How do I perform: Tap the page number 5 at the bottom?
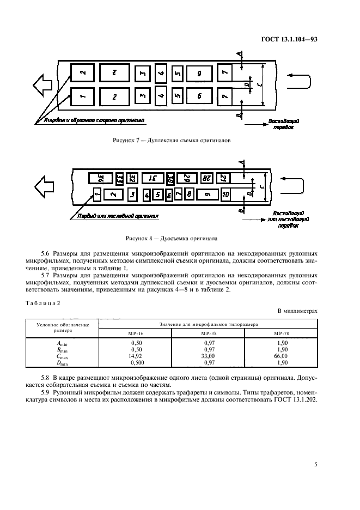(316, 465)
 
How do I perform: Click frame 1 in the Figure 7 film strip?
(82, 96)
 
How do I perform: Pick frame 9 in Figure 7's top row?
(199, 72)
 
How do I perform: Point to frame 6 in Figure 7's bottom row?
(199, 96)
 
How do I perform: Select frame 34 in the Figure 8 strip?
(99, 178)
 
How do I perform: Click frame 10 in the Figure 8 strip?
(226, 195)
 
